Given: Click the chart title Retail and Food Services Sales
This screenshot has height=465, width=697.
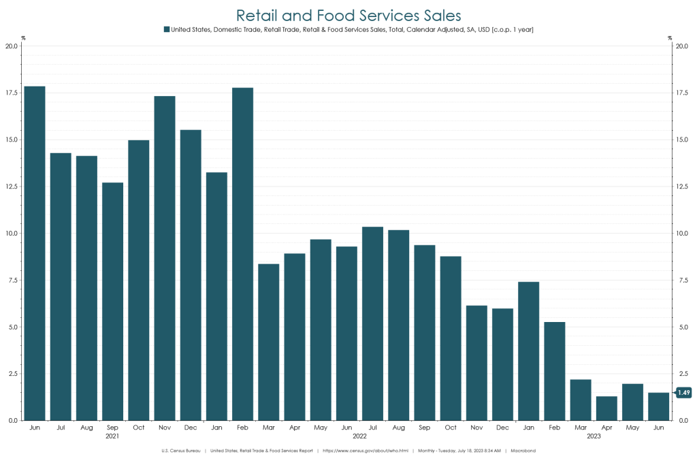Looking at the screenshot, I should tap(348, 15).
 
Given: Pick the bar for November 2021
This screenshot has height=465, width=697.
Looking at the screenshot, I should tap(165, 258).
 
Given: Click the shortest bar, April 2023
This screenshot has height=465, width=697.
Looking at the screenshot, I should tap(607, 408).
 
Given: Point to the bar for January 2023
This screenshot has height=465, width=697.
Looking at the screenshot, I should tap(529, 351).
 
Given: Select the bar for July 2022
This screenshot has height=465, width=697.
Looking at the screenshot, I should tap(373, 323).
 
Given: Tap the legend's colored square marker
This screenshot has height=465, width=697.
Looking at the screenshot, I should tap(167, 29).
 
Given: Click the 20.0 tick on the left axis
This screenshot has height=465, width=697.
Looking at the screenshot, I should tap(12, 46).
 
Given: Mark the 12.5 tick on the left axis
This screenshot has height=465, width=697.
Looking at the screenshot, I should tap(12, 187).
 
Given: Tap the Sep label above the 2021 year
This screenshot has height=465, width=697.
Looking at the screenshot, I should tap(113, 427).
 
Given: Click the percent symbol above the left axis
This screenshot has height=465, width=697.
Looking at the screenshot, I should tap(22, 38).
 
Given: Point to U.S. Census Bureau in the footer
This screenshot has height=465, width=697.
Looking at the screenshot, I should tap(181, 451).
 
